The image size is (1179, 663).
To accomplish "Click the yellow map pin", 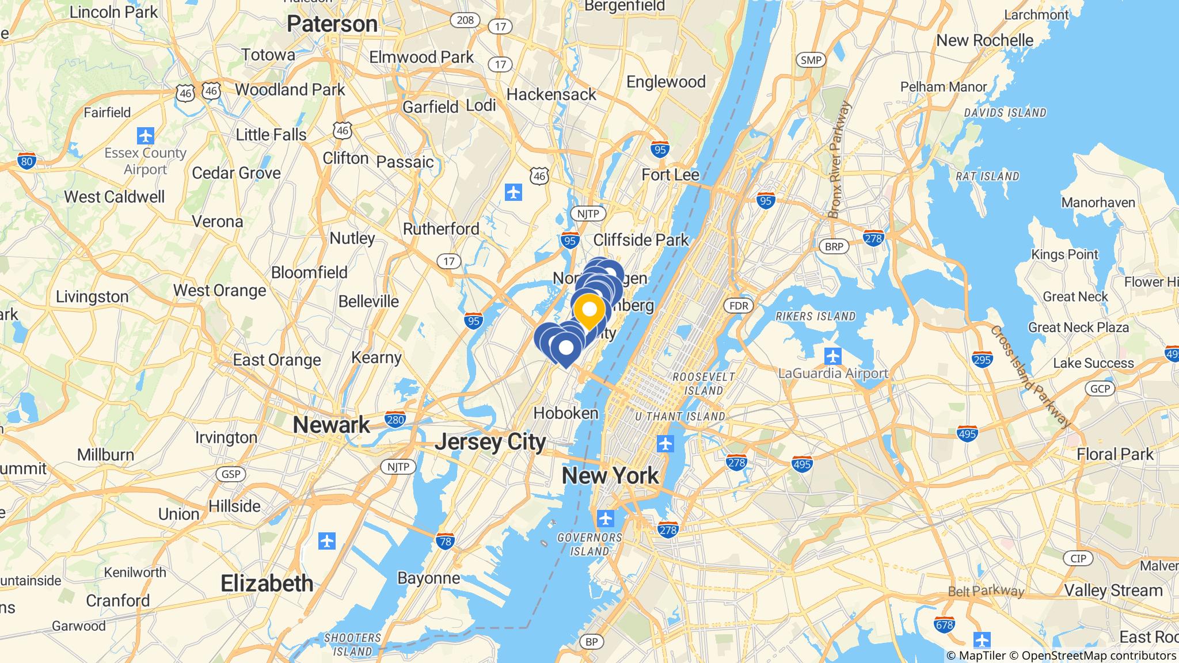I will (589, 311).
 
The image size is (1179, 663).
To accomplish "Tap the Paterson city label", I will (332, 24).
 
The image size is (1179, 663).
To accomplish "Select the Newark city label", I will (332, 425).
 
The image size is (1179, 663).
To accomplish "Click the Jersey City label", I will (490, 442).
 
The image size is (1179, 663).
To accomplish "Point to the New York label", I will (610, 475).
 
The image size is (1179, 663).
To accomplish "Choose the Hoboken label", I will (566, 413).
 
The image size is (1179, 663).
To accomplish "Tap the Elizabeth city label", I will (267, 583).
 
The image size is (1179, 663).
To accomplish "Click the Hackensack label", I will (551, 94).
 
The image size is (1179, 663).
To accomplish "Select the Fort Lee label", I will (670, 174).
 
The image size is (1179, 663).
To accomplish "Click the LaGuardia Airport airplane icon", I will (832, 356).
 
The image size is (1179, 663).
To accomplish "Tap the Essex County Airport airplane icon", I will (146, 136).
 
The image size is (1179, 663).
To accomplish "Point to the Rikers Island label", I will (815, 316).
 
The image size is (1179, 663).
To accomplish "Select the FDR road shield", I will (739, 306).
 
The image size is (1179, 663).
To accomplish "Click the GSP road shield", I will (231, 474).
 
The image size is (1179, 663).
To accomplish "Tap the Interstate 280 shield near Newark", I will (395, 420).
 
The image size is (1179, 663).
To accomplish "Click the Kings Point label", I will (1064, 254).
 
